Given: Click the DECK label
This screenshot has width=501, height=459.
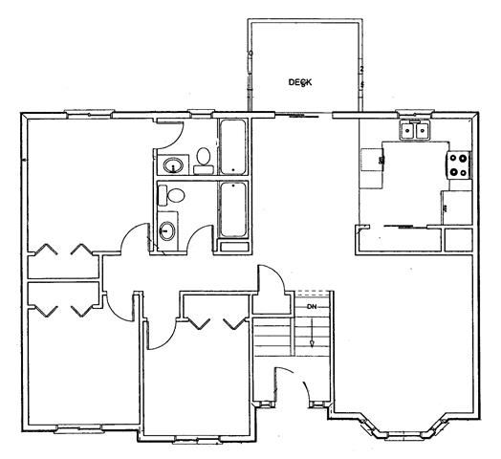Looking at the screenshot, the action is tap(300, 82).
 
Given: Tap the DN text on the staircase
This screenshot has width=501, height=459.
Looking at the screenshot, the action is tap(312, 307).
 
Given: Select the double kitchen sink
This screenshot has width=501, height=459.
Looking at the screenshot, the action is tap(415, 130).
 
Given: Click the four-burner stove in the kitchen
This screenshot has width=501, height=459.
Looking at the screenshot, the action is tap(459, 164).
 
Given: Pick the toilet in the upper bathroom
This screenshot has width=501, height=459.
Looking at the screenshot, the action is tap(204, 161).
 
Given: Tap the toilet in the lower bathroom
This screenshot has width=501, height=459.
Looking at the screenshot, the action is tap(172, 195).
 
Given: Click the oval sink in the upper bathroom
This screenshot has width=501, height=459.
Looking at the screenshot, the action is tap(173, 165).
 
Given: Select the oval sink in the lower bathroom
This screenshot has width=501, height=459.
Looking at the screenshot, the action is tap(167, 230).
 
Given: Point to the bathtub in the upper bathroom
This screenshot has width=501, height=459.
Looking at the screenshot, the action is tap(233, 147).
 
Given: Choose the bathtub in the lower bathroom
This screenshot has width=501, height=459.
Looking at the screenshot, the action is tap(233, 209).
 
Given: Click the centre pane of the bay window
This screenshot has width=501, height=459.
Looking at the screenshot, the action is tap(403, 435).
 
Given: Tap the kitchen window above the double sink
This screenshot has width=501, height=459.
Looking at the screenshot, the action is tap(415, 113).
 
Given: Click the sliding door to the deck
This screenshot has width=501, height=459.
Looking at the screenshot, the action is tap(304, 116).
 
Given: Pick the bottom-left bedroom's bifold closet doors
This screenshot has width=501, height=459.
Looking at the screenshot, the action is tap(63, 311).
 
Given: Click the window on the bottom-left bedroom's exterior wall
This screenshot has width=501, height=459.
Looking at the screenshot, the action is tap(79, 428).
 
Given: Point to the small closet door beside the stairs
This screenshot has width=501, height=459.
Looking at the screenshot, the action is tap(272, 278).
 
